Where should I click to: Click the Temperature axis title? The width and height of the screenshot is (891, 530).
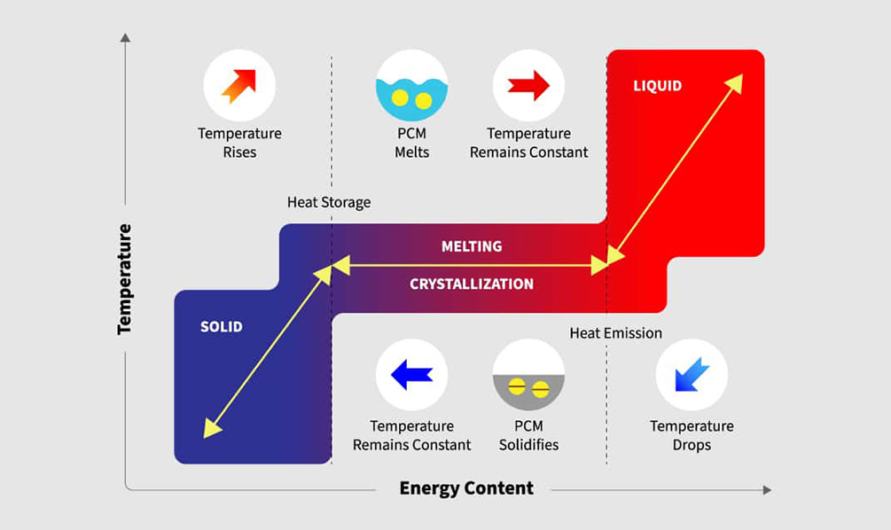pos(124,278)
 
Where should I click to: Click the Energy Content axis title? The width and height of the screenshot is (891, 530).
pos(466,488)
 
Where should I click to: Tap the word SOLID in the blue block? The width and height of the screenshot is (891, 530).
pos(221,327)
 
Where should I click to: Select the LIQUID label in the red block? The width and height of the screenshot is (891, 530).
pos(657,86)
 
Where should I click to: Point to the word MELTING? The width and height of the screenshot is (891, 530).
pos(472,246)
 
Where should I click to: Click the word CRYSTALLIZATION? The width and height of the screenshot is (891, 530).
pos(472,284)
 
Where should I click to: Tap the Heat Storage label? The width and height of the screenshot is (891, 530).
pos(329,203)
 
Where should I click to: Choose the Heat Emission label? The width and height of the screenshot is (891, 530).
pos(615,333)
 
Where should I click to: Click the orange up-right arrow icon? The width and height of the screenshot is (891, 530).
pos(239,86)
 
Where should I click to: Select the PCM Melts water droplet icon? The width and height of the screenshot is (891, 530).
pos(412,86)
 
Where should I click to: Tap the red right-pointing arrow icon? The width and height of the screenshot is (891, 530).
pos(528,86)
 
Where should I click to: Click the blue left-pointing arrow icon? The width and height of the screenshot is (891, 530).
pos(412,374)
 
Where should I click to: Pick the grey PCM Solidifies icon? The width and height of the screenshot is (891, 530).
pos(528,374)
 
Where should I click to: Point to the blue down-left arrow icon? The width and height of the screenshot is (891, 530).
pos(692,374)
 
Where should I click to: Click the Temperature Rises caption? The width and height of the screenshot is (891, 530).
pos(239,143)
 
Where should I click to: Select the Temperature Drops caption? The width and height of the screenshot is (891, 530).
pos(692,435)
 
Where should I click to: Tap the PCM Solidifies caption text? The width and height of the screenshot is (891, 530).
pos(528,435)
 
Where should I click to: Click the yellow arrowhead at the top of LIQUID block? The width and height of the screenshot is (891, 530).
pos(735,82)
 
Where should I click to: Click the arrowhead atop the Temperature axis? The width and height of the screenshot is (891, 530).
pos(125,38)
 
